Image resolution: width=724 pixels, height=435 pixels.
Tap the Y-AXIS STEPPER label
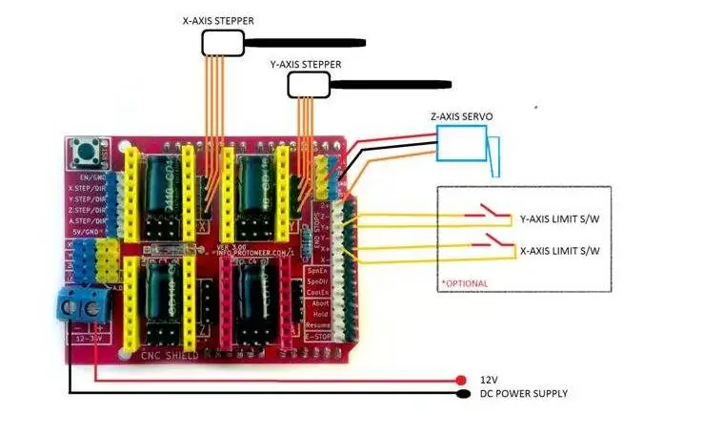click(x=305, y=64)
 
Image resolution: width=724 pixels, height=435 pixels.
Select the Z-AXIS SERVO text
click(x=461, y=116)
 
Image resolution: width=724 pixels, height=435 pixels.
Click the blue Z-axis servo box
click(x=461, y=143)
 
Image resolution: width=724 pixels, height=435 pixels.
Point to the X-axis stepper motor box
click(x=223, y=42)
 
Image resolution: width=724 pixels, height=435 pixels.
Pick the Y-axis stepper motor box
click(x=308, y=86)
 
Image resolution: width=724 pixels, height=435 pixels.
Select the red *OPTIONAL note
click(x=464, y=283)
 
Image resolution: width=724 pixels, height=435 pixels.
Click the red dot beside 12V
click(x=461, y=380)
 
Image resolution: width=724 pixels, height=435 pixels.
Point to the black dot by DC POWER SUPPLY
click(x=463, y=393)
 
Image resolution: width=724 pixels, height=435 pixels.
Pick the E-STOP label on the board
click(x=319, y=337)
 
